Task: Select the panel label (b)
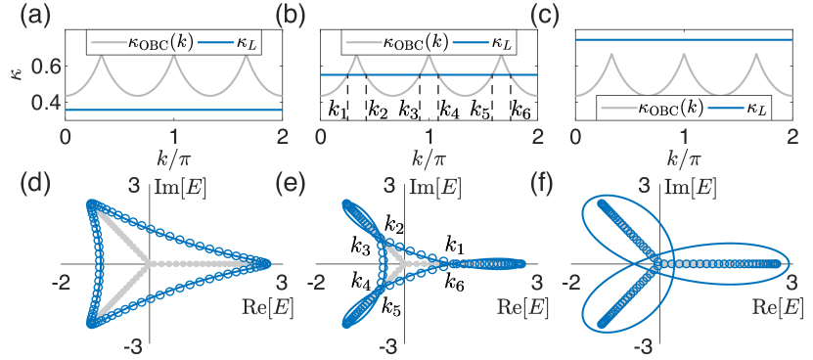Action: click(x=290, y=15)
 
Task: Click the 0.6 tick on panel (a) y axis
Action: click(x=44, y=66)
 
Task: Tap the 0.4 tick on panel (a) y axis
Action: click(x=44, y=103)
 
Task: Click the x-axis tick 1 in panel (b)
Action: click(x=429, y=138)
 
